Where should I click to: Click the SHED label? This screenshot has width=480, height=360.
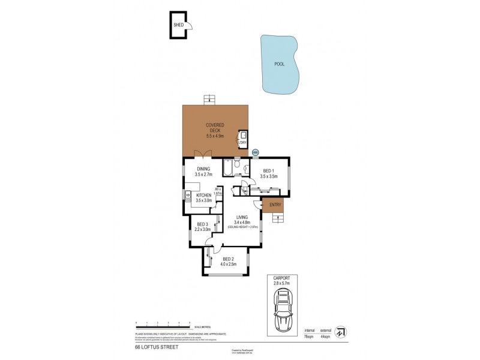[178, 25]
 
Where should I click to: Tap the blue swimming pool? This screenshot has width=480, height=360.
[280, 64]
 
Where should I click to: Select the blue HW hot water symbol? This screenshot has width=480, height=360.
[255, 152]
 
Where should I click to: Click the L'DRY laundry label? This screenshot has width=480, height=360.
[242, 143]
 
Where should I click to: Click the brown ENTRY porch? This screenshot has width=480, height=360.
[273, 205]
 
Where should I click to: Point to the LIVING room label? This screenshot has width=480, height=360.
[242, 217]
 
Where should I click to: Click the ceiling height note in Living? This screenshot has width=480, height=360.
[242, 227]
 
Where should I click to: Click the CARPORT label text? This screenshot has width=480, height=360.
[281, 278]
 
